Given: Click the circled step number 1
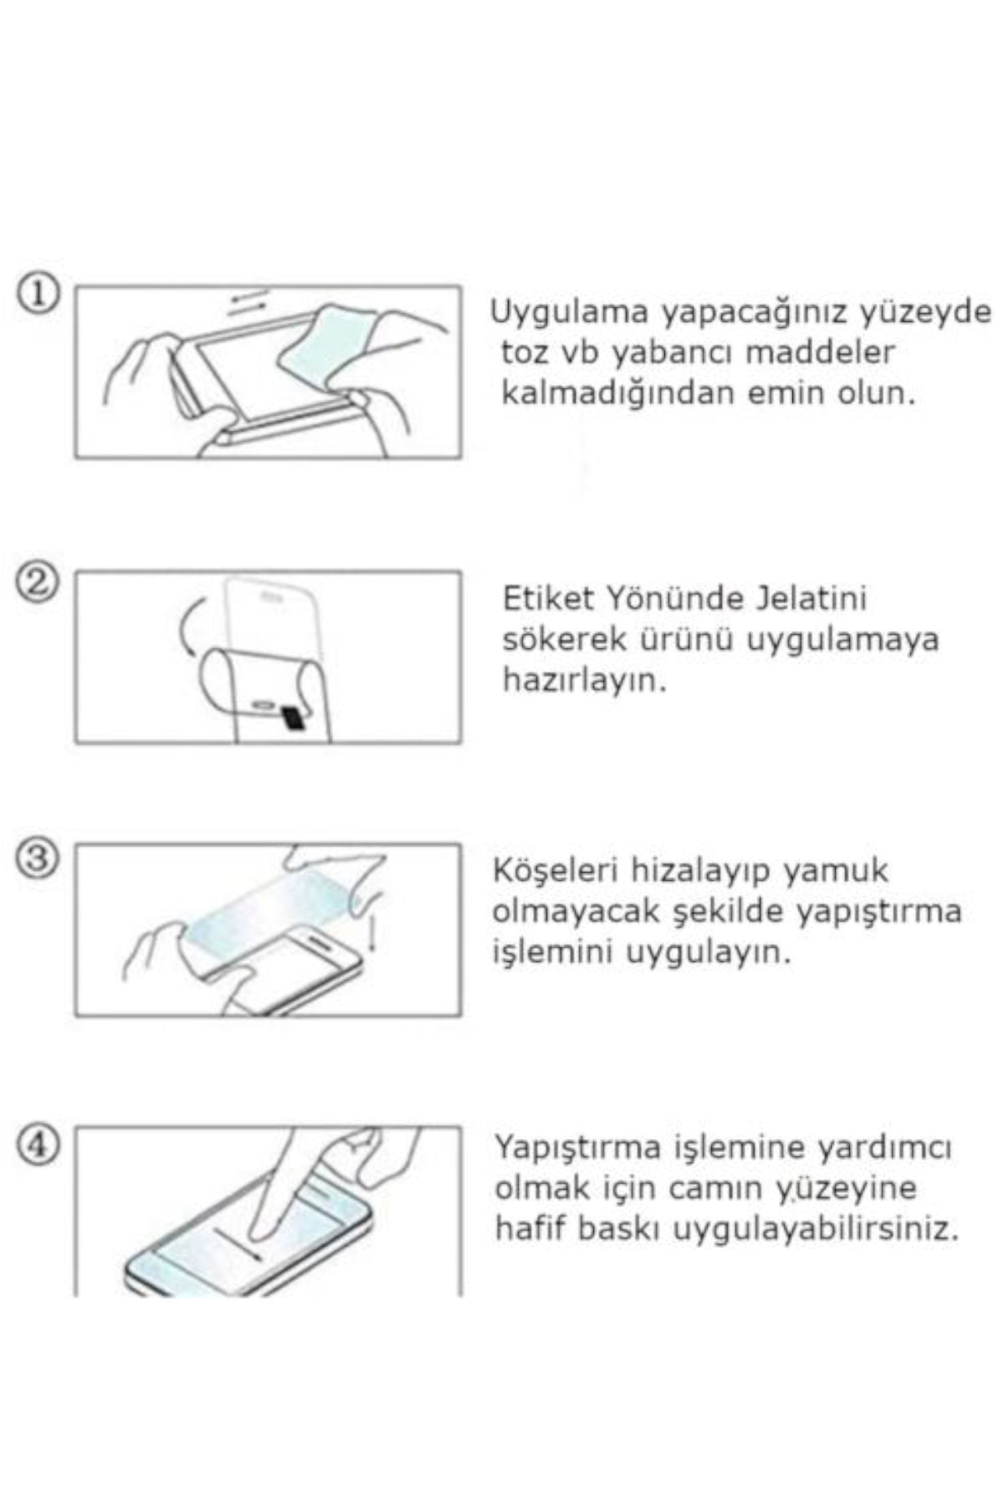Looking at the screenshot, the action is coord(38,295).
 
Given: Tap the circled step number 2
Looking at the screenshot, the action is coord(38,583).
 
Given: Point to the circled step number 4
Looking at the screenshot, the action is coord(38,1144).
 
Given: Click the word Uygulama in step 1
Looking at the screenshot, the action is coord(569,313).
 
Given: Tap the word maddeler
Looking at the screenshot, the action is coord(820,351).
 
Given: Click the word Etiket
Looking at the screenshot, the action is coord(548,598).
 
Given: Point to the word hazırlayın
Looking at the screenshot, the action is coord(585,681).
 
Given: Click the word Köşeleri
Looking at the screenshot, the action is coord(556,870).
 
